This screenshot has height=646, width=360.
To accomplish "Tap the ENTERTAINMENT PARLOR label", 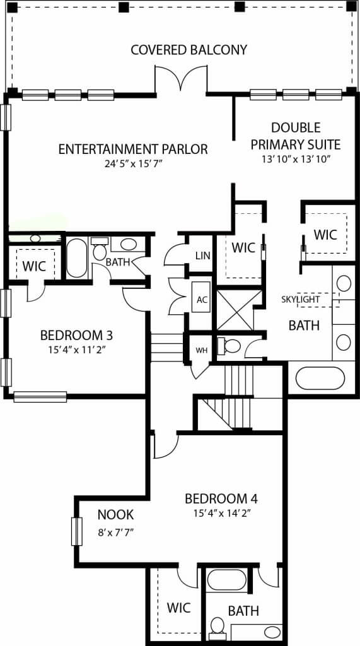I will point(133,150).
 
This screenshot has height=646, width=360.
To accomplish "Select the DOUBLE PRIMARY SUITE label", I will point(296,136).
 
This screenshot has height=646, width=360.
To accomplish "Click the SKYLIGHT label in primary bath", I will point(300,299).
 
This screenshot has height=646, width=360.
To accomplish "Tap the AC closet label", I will point(202,300).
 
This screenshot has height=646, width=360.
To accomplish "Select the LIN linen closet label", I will point(202,255).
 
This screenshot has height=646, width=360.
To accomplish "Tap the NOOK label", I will point(115,515).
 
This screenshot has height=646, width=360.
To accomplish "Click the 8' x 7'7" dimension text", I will point(115,532).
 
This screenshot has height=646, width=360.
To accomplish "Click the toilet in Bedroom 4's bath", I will point(218,626).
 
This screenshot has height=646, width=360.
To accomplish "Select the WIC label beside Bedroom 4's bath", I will point(178,608).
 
